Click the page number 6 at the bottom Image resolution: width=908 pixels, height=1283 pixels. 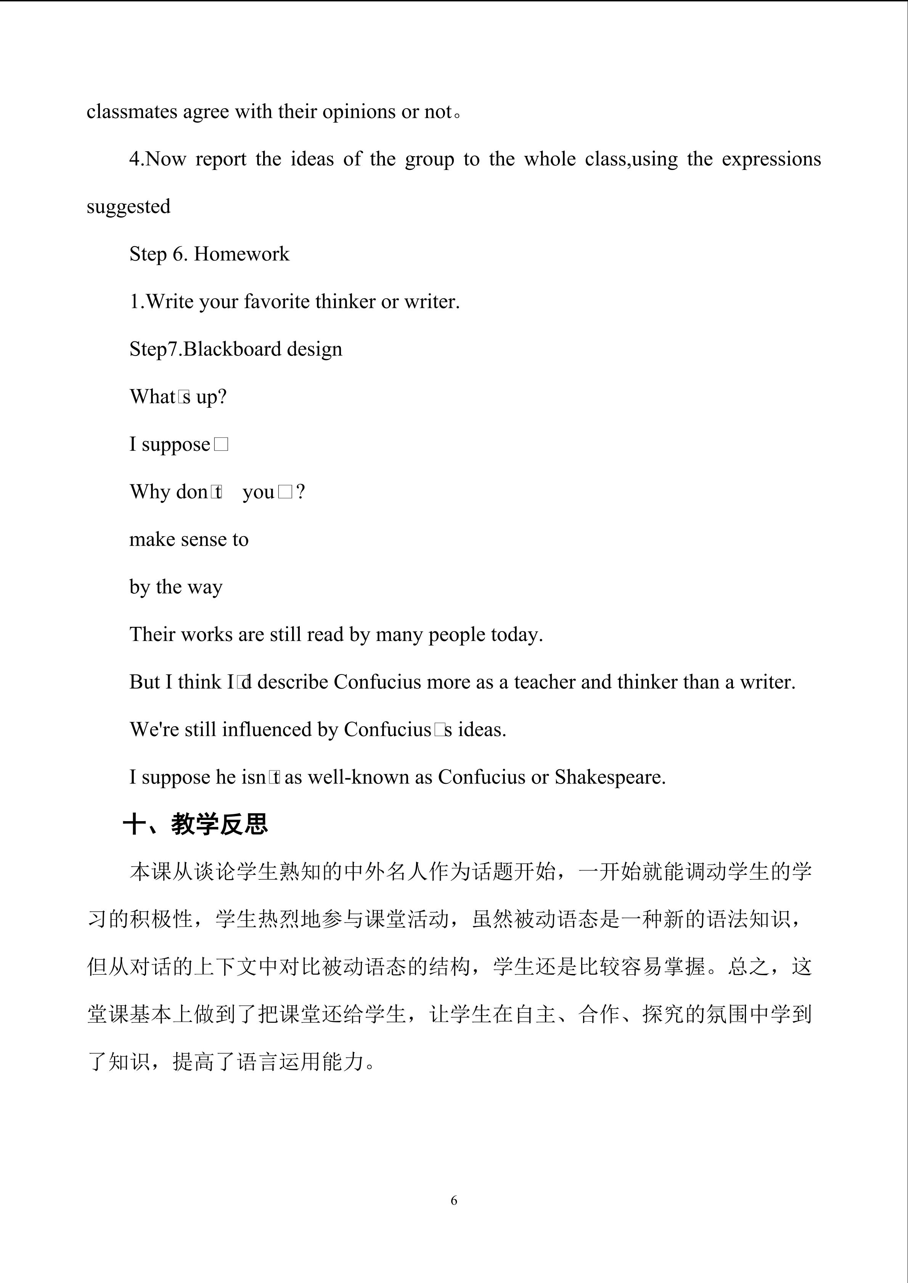453,1200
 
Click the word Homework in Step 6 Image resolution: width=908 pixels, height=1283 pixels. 241,254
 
